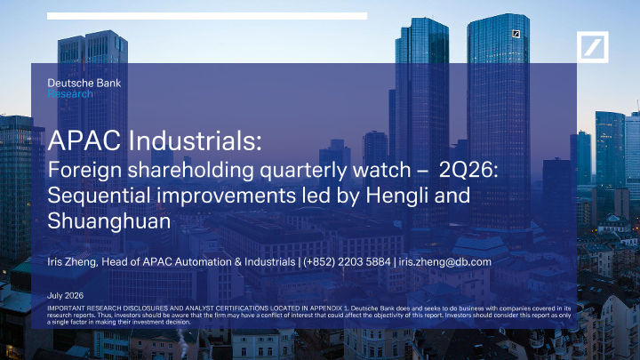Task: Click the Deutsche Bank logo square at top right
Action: point(592,47)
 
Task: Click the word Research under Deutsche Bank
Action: point(70,94)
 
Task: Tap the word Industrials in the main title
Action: point(195,140)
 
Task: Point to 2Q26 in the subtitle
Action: point(468,170)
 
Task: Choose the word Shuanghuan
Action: point(109,220)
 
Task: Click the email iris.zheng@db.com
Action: point(445,261)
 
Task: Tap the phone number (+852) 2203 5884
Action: point(347,261)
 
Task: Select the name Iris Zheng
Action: point(71,262)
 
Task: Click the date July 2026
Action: point(65,295)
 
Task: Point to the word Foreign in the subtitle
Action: point(85,170)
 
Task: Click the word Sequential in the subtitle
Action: point(100,196)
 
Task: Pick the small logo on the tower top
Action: point(516,35)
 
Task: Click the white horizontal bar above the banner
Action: point(207,16)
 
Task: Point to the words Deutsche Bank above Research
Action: point(84,84)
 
